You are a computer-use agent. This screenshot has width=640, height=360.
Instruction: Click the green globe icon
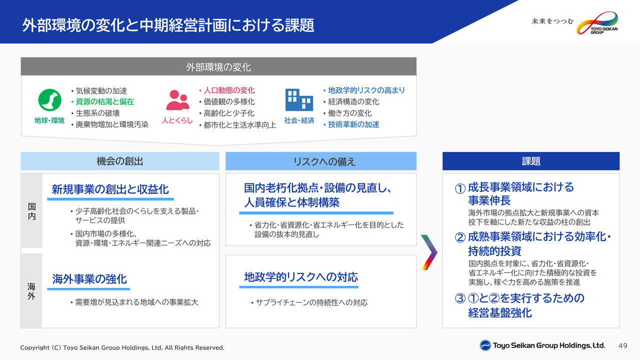coord(49,100)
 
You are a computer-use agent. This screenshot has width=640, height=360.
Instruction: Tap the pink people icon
coord(177,100)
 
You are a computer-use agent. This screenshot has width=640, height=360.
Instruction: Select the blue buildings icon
coord(299,99)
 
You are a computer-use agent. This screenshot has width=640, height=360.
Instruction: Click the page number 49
coord(623,345)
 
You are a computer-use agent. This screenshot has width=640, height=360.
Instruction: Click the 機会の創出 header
coord(119,161)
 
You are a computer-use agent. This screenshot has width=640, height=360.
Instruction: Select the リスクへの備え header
coord(321,161)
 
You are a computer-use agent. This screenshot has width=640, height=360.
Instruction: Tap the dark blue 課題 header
coord(531,161)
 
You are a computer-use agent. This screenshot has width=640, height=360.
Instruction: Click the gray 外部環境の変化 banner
coord(218,66)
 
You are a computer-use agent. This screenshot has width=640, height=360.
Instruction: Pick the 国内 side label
coord(31,211)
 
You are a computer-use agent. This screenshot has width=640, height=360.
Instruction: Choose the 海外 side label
coord(31,291)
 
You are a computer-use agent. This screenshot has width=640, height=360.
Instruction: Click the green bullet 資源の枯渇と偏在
coord(102,101)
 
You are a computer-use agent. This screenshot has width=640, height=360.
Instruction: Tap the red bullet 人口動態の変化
coord(227,90)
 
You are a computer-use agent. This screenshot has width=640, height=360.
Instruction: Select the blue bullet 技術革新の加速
coord(351,124)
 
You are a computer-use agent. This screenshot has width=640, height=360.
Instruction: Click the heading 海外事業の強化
coord(89,279)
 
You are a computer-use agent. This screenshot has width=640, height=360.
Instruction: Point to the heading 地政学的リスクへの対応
coord(301,277)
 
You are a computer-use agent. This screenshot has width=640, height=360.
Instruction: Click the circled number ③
coord(460,298)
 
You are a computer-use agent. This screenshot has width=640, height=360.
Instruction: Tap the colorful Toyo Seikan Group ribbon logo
coord(597,23)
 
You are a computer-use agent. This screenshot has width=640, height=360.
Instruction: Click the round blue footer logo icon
coord(485,345)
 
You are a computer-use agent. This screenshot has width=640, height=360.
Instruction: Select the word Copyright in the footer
coord(35,347)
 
